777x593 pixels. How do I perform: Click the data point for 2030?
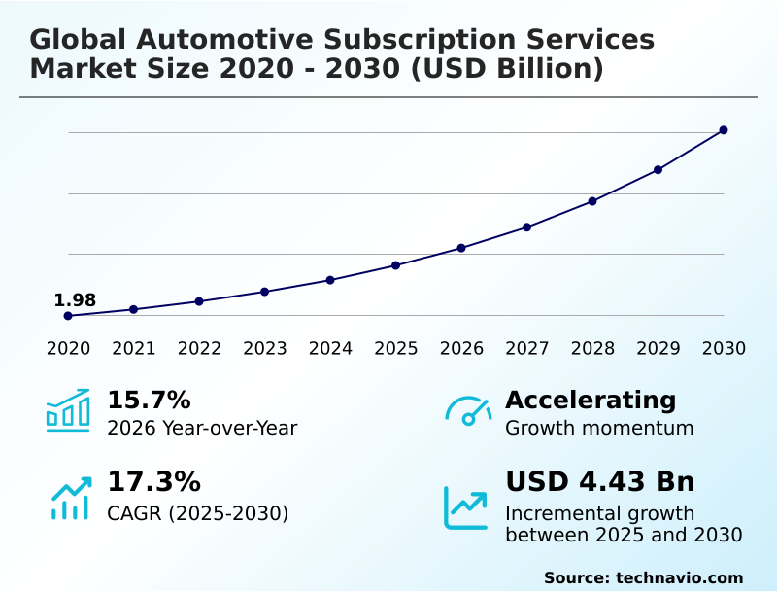(724, 130)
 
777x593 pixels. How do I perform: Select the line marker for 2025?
(396, 265)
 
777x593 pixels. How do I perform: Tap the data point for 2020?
(68, 316)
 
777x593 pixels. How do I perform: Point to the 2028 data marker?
(592, 201)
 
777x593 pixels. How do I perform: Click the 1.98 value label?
(75, 300)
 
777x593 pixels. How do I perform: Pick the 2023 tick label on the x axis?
(264, 349)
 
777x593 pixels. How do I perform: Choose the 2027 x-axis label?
(527, 349)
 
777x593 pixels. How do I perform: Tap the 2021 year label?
(133, 349)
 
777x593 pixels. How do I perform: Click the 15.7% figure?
(149, 401)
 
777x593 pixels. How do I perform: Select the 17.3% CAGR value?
(153, 482)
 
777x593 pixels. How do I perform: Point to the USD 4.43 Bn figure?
(600, 482)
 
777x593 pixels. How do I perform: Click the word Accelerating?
(591, 401)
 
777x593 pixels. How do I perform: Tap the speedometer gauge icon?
(468, 410)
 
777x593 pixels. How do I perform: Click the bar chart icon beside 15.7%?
(68, 410)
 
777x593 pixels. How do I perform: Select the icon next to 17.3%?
(70, 498)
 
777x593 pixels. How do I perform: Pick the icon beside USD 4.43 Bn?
(466, 507)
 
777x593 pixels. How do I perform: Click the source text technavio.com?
(679, 577)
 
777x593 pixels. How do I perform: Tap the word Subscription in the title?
(442, 40)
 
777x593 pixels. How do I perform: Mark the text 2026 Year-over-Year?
(202, 428)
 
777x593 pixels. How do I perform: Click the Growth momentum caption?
(599, 428)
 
